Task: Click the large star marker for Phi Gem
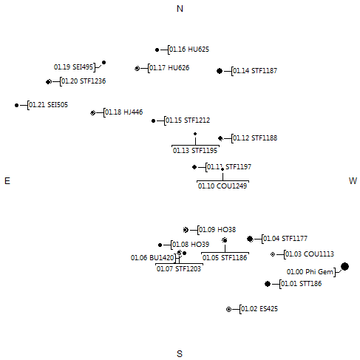coord(344,266)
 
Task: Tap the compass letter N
coord(180,9)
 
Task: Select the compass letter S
coord(180,354)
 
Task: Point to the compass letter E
coord(7,181)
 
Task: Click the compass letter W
coord(353,181)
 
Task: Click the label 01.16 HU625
coord(189,50)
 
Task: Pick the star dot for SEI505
coord(16,105)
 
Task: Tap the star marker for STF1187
coord(220,71)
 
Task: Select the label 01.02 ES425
coord(259,309)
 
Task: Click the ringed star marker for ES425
coord(228,309)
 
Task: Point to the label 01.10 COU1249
coord(223,186)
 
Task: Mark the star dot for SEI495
coord(103,63)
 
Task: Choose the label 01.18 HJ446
coord(124,112)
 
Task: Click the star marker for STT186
coord(268,284)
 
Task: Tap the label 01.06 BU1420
coord(152,258)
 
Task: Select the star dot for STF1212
coord(153,120)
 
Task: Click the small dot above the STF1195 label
coord(195,134)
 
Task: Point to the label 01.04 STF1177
coord(285,239)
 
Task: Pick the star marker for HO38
coord(186,230)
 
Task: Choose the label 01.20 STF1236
coord(84,81)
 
